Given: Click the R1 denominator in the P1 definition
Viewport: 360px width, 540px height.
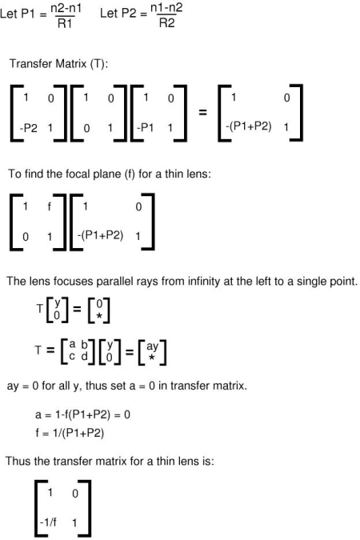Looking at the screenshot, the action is click(65, 23).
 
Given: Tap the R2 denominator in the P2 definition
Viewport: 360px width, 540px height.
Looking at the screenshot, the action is click(166, 23).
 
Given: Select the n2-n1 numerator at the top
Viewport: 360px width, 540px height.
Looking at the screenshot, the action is click(66, 8).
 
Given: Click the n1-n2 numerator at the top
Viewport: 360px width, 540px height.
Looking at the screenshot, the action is click(166, 7).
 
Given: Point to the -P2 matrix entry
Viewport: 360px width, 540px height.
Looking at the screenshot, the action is click(28, 128).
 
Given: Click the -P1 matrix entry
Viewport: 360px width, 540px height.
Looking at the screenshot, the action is click(146, 128).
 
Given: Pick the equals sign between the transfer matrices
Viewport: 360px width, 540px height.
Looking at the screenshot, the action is click(202, 112).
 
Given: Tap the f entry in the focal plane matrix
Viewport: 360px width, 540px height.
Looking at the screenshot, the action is click(50, 206).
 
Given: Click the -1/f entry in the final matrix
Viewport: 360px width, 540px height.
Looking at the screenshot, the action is click(48, 522).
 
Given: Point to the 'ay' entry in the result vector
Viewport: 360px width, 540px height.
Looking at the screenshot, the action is click(152, 346).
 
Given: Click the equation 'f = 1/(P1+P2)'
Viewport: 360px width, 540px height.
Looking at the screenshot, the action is click(70, 433).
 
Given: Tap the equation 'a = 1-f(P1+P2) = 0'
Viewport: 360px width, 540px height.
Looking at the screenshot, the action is click(82, 414).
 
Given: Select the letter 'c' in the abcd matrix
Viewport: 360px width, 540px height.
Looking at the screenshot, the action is click(72, 356).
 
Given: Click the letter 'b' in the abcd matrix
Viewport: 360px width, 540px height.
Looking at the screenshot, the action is click(84, 344).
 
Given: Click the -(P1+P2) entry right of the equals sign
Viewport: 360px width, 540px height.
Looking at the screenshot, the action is click(248, 126).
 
